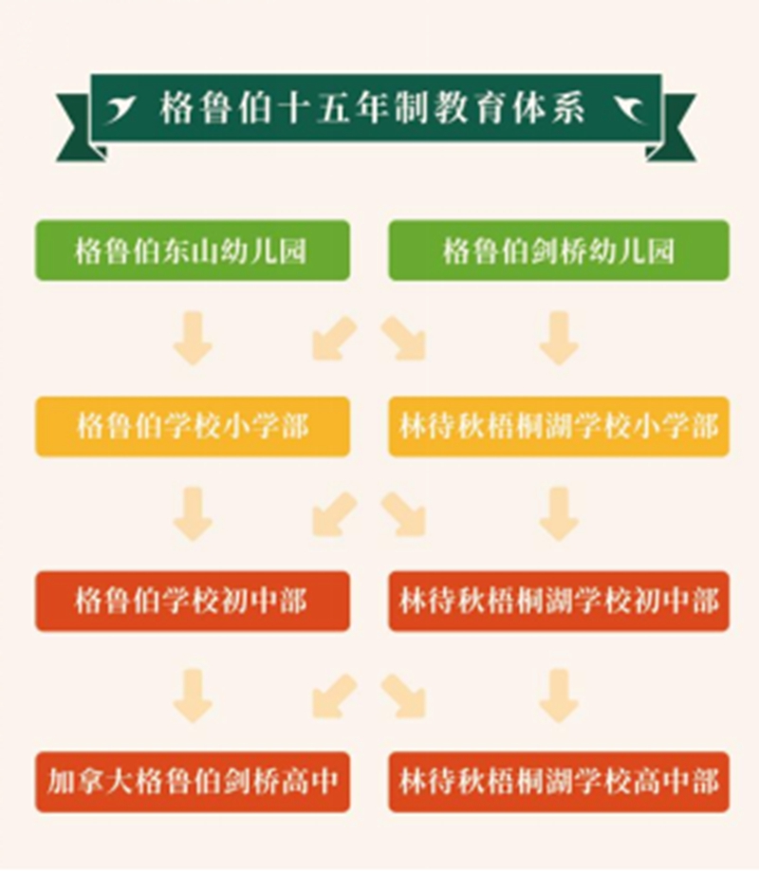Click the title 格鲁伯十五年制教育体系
(x=373, y=107)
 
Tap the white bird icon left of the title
(x=120, y=109)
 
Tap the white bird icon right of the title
(x=629, y=109)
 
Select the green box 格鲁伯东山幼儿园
(x=193, y=250)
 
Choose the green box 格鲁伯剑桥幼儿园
(x=559, y=250)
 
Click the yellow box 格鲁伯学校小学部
(x=193, y=427)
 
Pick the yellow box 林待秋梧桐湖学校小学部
(x=559, y=427)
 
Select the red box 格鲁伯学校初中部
(x=193, y=602)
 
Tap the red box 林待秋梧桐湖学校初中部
(x=559, y=602)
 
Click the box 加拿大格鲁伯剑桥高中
(x=193, y=782)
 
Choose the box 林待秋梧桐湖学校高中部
(x=559, y=782)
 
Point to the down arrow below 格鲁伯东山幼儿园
(x=193, y=339)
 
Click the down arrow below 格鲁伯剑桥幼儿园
(x=559, y=339)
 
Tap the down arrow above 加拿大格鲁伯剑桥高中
(x=193, y=696)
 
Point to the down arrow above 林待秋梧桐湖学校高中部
(x=559, y=696)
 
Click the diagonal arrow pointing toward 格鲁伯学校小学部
(x=334, y=338)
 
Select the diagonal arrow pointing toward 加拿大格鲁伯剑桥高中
(x=334, y=696)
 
